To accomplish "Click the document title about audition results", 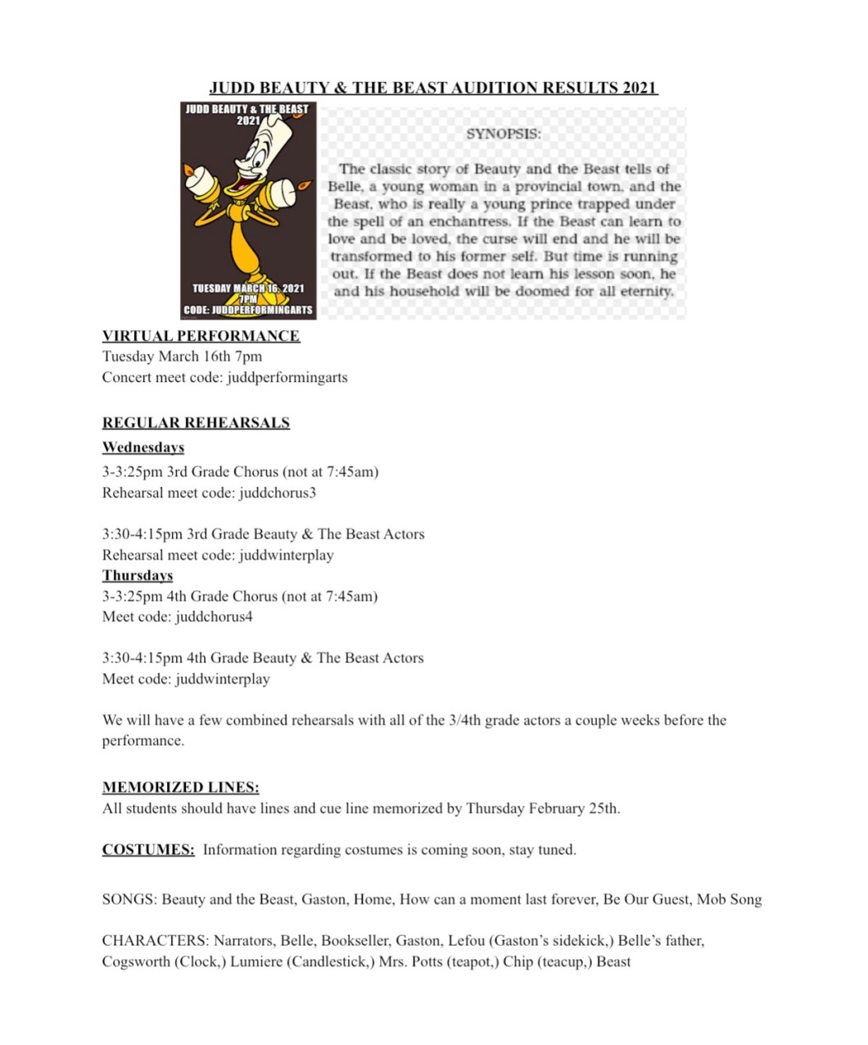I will [433, 88].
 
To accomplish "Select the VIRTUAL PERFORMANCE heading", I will [201, 336].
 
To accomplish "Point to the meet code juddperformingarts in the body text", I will [293, 378].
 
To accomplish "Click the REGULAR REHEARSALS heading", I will [196, 423].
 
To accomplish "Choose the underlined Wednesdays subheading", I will [143, 448].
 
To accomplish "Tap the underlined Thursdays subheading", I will [138, 575].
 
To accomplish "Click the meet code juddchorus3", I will [278, 493].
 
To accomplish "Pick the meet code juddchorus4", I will [214, 617].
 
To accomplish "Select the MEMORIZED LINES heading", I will [180, 788].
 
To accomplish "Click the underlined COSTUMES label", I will [148, 850].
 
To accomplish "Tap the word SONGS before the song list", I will [129, 900].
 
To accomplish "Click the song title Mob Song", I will [729, 900].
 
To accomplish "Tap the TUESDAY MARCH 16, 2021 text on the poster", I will [248, 289].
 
